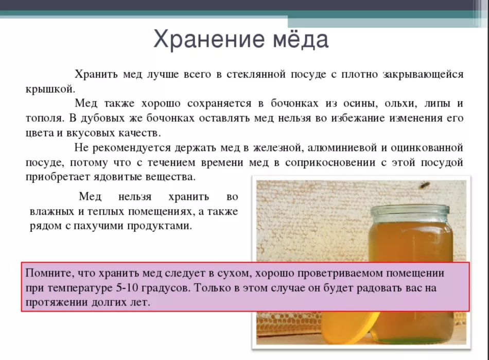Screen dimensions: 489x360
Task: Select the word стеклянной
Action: click(x=256, y=74)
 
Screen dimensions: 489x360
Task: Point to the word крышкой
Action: click(x=50, y=89)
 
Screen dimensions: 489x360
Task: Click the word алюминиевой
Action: click(x=342, y=148)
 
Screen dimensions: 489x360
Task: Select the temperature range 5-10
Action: click(x=127, y=287)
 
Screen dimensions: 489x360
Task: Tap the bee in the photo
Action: click(x=424, y=185)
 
